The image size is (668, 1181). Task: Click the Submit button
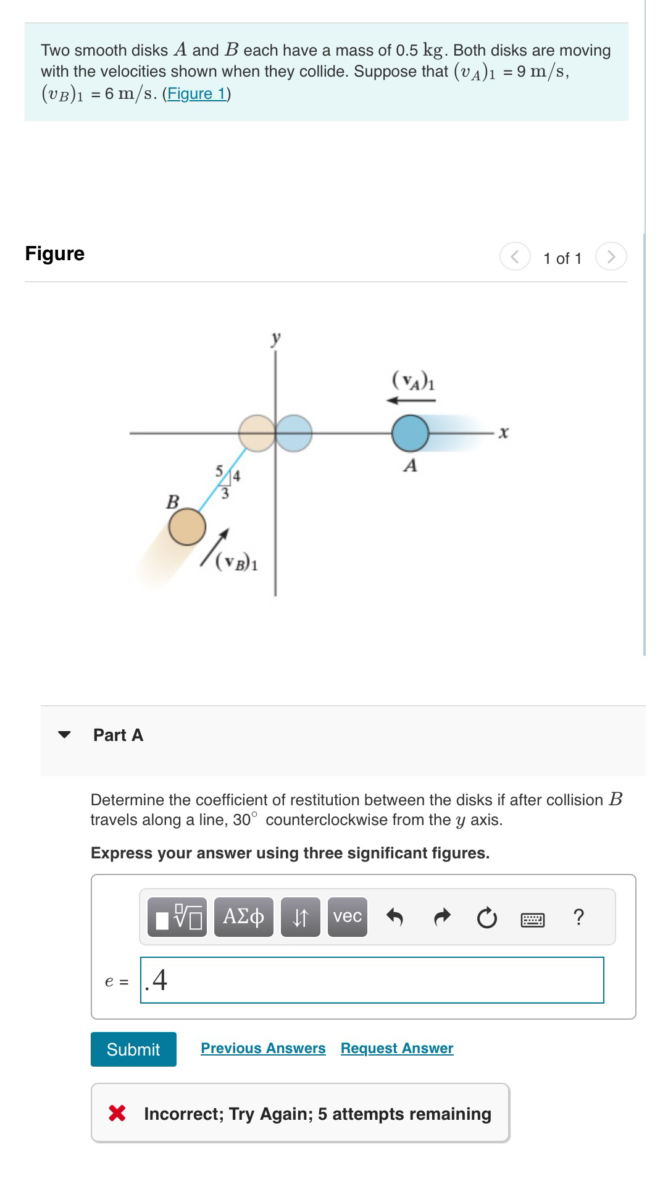(133, 1049)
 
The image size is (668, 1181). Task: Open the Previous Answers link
(263, 1048)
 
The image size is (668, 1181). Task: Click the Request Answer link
(397, 1048)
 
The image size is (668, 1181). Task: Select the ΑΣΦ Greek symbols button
(243, 917)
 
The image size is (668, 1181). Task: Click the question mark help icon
(578, 917)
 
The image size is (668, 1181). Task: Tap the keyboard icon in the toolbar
(533, 920)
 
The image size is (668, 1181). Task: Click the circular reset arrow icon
(486, 918)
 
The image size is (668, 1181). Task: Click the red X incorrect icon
(117, 1114)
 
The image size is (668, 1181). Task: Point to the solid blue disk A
(410, 433)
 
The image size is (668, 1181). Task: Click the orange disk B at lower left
(187, 527)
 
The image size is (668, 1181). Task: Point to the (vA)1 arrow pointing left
(411, 400)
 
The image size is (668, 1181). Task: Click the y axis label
(276, 338)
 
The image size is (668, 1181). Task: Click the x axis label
(503, 433)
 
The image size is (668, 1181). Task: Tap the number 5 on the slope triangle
(219, 470)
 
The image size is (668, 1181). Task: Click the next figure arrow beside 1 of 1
(611, 257)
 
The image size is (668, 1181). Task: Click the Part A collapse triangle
(64, 735)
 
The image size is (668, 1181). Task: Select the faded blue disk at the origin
(294, 433)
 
